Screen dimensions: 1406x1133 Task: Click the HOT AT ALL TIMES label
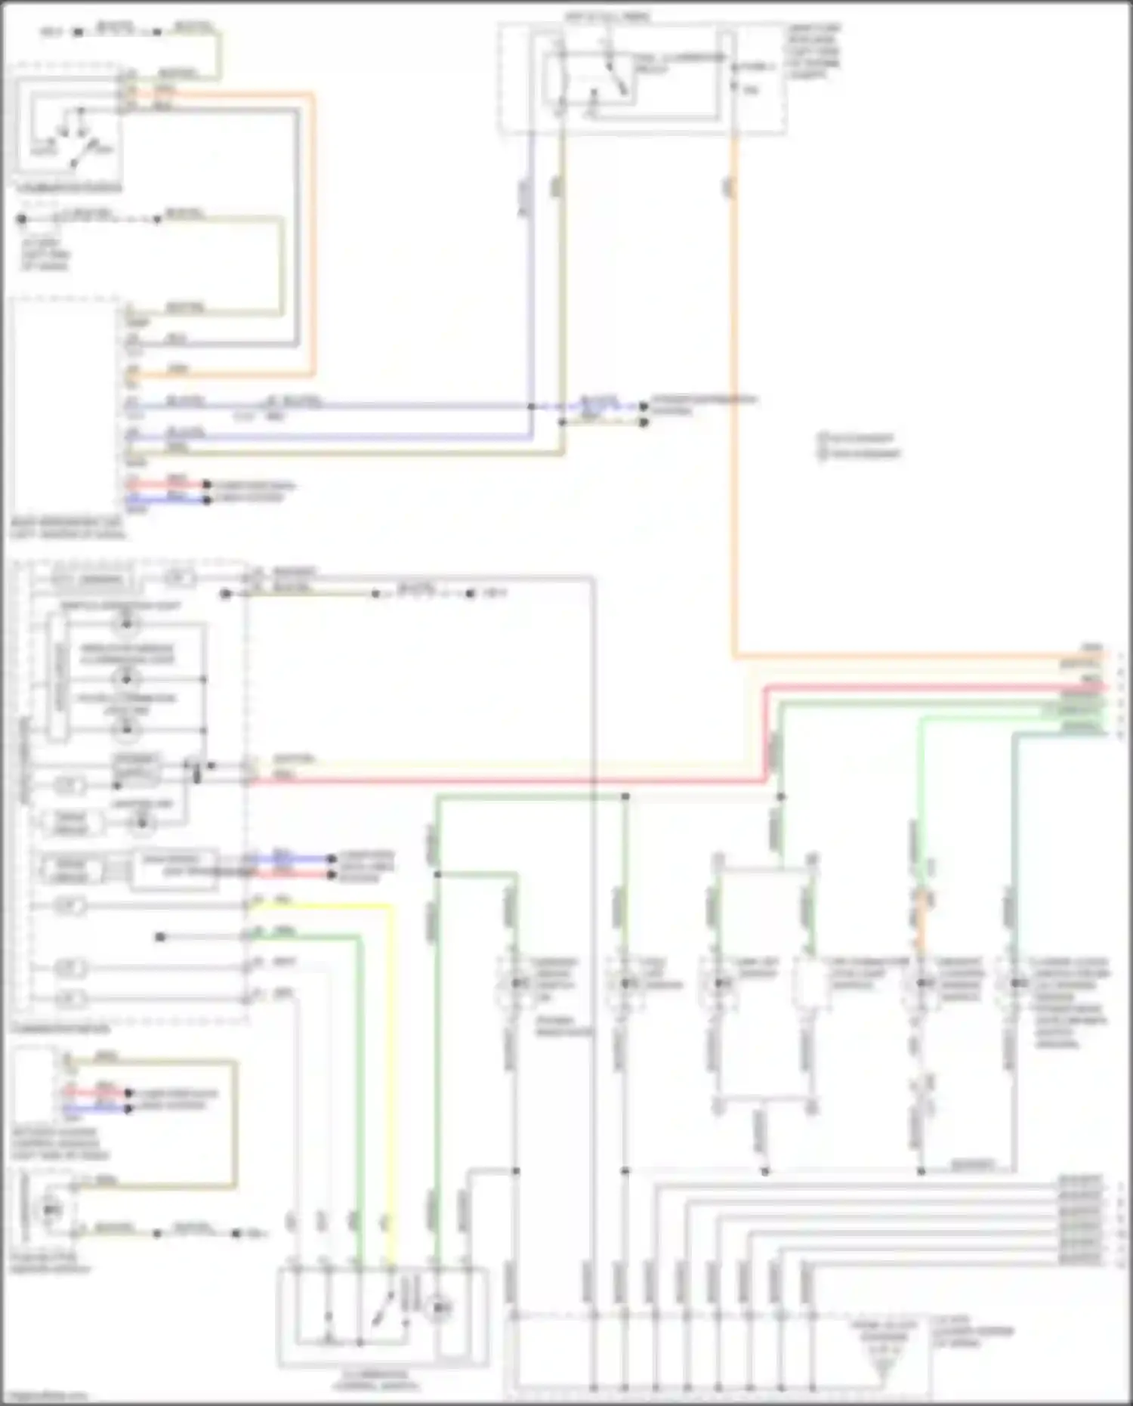(x=607, y=16)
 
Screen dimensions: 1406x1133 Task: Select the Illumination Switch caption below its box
(x=69, y=188)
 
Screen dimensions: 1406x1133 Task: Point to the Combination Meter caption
(x=60, y=1029)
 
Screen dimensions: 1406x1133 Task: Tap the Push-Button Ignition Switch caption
(x=50, y=1263)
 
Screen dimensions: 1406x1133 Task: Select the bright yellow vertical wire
(x=392, y=1058)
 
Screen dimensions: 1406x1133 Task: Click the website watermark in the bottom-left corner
(x=45, y=1396)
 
